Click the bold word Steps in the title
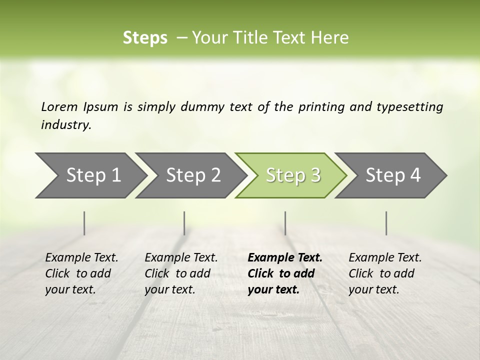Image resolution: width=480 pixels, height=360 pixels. click(x=145, y=37)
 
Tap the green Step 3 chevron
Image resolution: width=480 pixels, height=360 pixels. click(x=293, y=175)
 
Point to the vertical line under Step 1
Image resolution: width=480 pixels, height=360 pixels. click(x=84, y=223)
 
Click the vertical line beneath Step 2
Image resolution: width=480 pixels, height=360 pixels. click(x=184, y=223)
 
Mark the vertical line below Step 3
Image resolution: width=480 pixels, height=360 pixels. click(x=285, y=223)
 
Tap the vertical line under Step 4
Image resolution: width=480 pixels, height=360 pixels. click(x=386, y=223)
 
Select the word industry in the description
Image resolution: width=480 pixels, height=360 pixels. click(x=66, y=124)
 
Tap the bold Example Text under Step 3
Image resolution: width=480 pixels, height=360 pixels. click(x=285, y=257)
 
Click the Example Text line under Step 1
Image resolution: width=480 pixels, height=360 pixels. click(x=81, y=257)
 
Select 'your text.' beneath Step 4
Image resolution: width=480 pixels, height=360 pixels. click(x=373, y=289)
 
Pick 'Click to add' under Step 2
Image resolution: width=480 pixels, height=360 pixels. click(x=177, y=273)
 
